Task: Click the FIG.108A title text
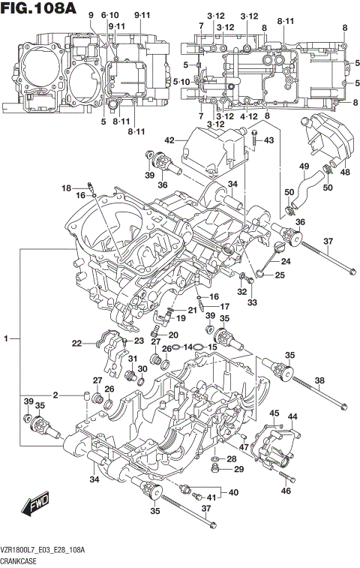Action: (39, 9)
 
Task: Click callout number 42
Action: (169, 140)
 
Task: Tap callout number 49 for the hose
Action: (304, 166)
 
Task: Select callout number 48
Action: (345, 171)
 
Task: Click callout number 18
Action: (66, 188)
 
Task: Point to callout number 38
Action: (319, 380)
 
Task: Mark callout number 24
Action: (286, 262)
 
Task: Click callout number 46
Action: (286, 491)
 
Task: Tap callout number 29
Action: (239, 470)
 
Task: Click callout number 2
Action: (55, 395)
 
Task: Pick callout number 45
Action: (274, 413)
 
